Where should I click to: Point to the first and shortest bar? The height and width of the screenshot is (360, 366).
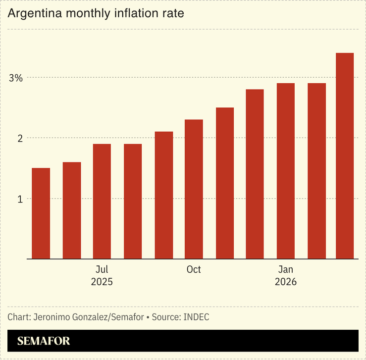(x=41, y=213)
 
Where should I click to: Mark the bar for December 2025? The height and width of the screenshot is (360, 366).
(x=255, y=174)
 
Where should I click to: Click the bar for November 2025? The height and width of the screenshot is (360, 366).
(x=224, y=183)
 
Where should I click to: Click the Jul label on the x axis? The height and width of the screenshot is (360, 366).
(x=102, y=269)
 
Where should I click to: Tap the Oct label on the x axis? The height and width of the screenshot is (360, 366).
(x=194, y=269)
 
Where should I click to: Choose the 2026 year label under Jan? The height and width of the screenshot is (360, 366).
(x=286, y=282)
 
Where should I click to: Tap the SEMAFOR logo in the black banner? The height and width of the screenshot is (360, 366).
(x=44, y=341)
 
